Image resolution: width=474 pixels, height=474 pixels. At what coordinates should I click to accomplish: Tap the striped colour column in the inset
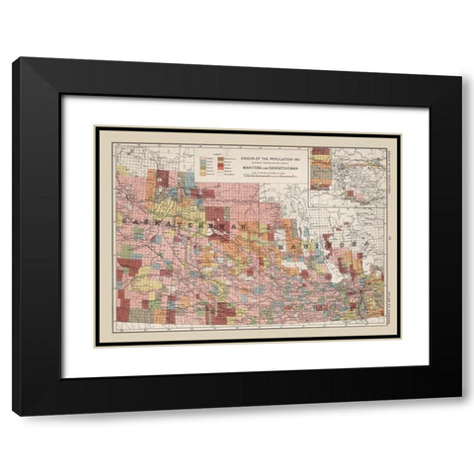pyautogui.click(x=321, y=167)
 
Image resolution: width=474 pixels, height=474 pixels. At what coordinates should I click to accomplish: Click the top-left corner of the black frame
pyautogui.click(x=15, y=60)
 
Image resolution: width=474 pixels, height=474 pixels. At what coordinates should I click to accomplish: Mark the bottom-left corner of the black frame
pyautogui.click(x=15, y=413)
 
